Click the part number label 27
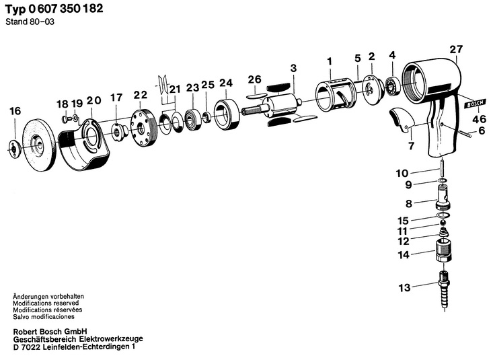pos(457,49)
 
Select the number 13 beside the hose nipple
pos(404,288)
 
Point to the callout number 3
pos(293,68)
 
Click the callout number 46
pos(478,120)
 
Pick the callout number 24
pos(225,83)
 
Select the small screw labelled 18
pos(65,118)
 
